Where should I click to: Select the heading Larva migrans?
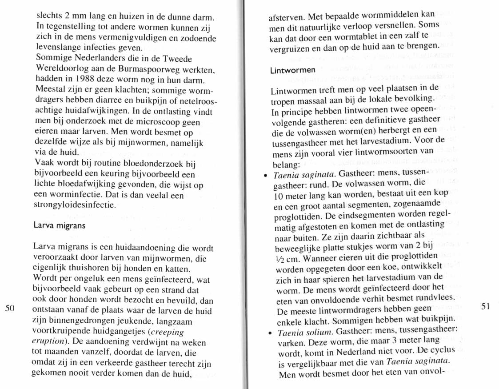point(60,225)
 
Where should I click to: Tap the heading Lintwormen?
point(292,70)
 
